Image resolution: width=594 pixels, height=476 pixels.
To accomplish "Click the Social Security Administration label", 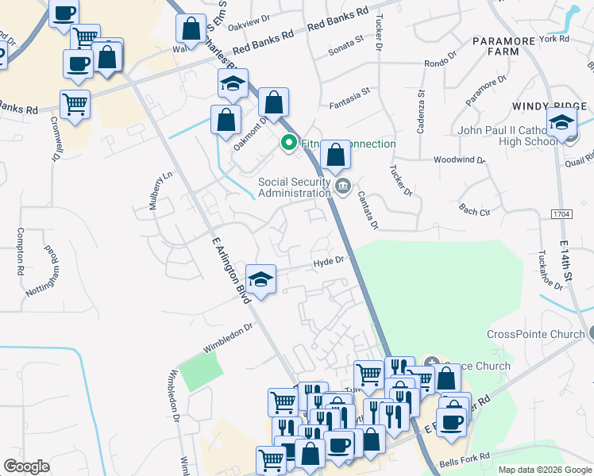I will point(294,187).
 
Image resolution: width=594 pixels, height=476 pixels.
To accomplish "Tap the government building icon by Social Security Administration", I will point(343,187).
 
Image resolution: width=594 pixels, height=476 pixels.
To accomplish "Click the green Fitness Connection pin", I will point(289,144).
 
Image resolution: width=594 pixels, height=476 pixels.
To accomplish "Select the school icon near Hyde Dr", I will point(260,279).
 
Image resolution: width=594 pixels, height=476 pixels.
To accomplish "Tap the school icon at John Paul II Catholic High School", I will point(561,123).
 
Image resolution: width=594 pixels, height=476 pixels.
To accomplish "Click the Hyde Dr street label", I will point(327,260).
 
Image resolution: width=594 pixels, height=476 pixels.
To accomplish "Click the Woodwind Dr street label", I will point(459,160).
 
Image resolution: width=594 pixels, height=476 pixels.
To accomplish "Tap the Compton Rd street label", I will point(19,251).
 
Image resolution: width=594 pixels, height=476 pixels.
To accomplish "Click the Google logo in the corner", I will point(26,466).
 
